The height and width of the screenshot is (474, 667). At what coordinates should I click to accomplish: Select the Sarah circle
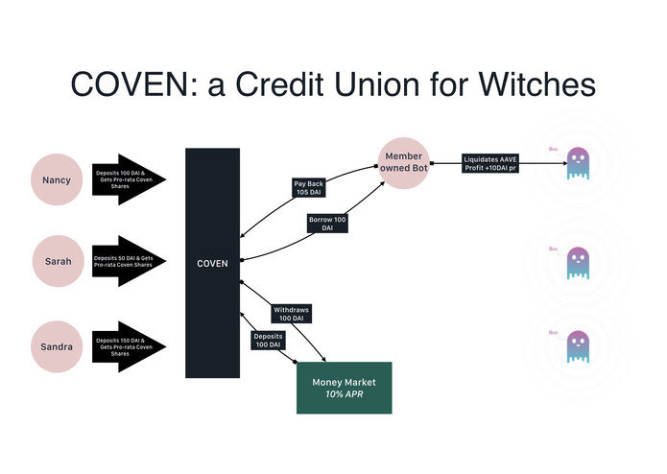point(58,260)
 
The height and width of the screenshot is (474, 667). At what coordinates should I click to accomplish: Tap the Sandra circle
point(58,343)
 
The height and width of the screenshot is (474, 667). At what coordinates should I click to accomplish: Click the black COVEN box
point(212,263)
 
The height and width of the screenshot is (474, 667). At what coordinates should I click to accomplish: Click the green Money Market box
point(345,388)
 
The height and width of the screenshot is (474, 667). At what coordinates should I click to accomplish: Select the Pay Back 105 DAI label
point(308,187)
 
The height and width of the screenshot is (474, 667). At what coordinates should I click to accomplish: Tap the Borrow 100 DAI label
point(327,224)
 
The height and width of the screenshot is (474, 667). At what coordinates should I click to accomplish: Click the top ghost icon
point(577,162)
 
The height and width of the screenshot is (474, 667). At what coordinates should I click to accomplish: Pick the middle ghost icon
point(577,261)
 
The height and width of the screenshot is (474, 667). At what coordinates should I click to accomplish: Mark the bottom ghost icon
point(577,344)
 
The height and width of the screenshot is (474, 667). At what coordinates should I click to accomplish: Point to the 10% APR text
point(345,394)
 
